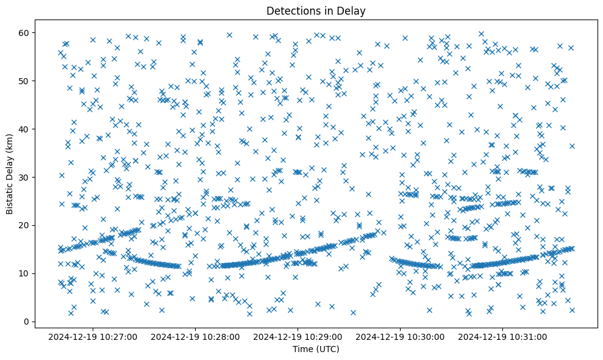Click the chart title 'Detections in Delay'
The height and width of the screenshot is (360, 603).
[x=316, y=10]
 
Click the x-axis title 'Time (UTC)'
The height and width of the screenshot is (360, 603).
[x=316, y=349]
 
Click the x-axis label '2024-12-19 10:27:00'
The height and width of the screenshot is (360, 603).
[x=93, y=336]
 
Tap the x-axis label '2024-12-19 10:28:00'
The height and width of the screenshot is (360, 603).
[x=196, y=336]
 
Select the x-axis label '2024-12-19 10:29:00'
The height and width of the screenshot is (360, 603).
[x=298, y=336]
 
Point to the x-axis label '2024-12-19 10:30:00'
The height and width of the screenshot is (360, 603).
[x=401, y=336]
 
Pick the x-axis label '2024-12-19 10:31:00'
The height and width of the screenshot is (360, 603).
[x=503, y=336]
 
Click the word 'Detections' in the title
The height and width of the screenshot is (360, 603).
[x=290, y=10]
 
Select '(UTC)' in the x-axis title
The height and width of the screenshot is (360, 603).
[x=327, y=349]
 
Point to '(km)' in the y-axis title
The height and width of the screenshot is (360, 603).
[x=10, y=140]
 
